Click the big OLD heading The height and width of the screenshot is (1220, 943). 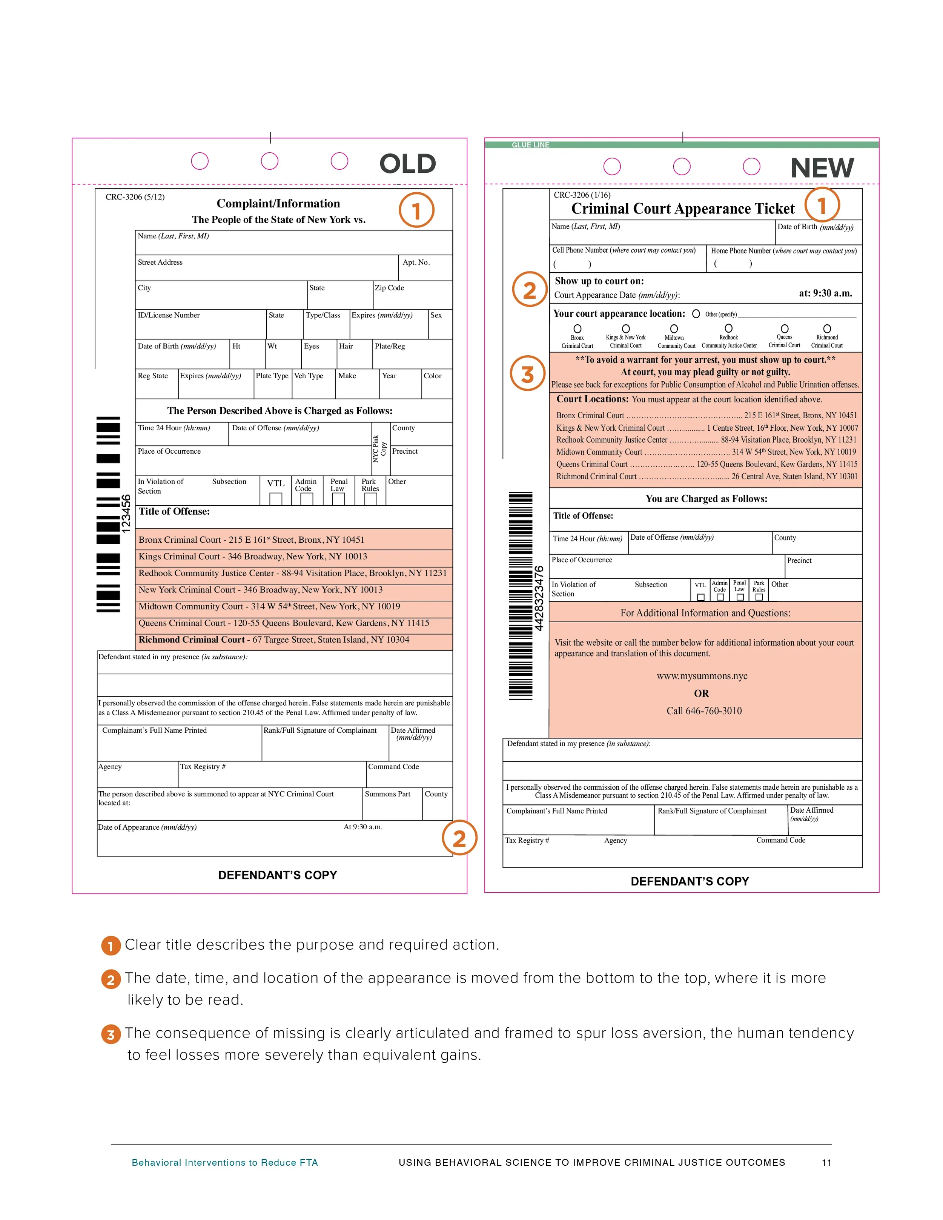pos(407,164)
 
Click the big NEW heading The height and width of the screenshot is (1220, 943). pos(822,168)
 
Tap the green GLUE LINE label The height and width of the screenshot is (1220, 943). pos(530,145)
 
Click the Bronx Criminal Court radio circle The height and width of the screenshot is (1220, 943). pos(577,329)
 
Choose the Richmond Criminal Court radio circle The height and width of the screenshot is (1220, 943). pos(827,329)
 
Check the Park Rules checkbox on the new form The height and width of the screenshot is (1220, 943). pos(759,597)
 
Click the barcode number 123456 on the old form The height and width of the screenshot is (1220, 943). pos(126,513)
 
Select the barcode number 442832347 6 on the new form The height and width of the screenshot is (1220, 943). pos(539,598)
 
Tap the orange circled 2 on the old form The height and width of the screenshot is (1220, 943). pos(459,838)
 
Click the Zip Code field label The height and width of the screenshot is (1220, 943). pos(389,288)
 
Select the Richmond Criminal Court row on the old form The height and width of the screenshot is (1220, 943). pos(274,640)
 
